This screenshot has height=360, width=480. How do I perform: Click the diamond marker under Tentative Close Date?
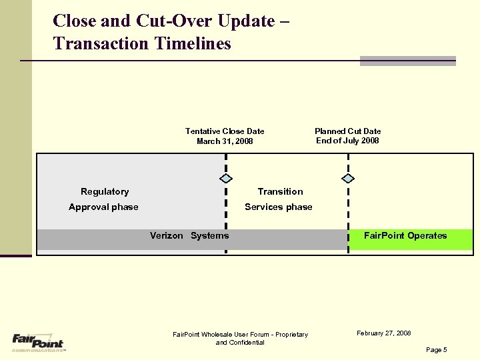pyautogui.click(x=226, y=179)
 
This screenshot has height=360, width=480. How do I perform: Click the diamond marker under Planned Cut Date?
pyautogui.click(x=348, y=179)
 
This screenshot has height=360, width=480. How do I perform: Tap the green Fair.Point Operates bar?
pyautogui.click(x=410, y=239)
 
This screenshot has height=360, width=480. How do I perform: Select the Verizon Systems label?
pyautogui.click(x=189, y=235)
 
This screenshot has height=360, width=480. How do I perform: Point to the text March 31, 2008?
pyautogui.click(x=225, y=141)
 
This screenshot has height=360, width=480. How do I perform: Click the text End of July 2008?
pyautogui.click(x=347, y=141)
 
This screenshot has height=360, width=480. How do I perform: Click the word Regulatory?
pyautogui.click(x=105, y=191)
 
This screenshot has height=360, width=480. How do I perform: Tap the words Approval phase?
pyautogui.click(x=103, y=207)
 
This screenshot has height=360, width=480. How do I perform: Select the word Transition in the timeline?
pyautogui.click(x=280, y=191)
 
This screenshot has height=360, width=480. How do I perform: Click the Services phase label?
pyautogui.click(x=279, y=207)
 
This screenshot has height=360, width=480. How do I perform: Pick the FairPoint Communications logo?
pyautogui.click(x=37, y=341)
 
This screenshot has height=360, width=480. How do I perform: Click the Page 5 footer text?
pyautogui.click(x=436, y=349)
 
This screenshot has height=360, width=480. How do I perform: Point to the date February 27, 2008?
pyautogui.click(x=383, y=333)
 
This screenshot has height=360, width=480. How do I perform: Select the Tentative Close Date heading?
pyautogui.click(x=225, y=131)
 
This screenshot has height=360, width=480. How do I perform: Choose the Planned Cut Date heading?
pyautogui.click(x=347, y=131)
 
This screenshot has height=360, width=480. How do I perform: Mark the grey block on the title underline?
pyautogui.click(x=407, y=61)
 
